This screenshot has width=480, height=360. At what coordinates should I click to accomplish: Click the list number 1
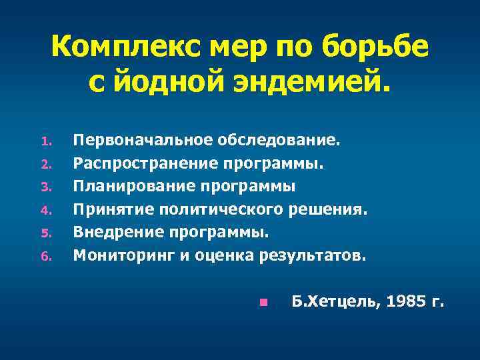point(45,142)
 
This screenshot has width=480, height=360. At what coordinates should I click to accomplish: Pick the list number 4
point(45,211)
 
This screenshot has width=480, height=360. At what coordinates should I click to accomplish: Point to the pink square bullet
point(263,303)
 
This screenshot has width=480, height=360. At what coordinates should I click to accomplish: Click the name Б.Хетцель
point(334,302)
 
